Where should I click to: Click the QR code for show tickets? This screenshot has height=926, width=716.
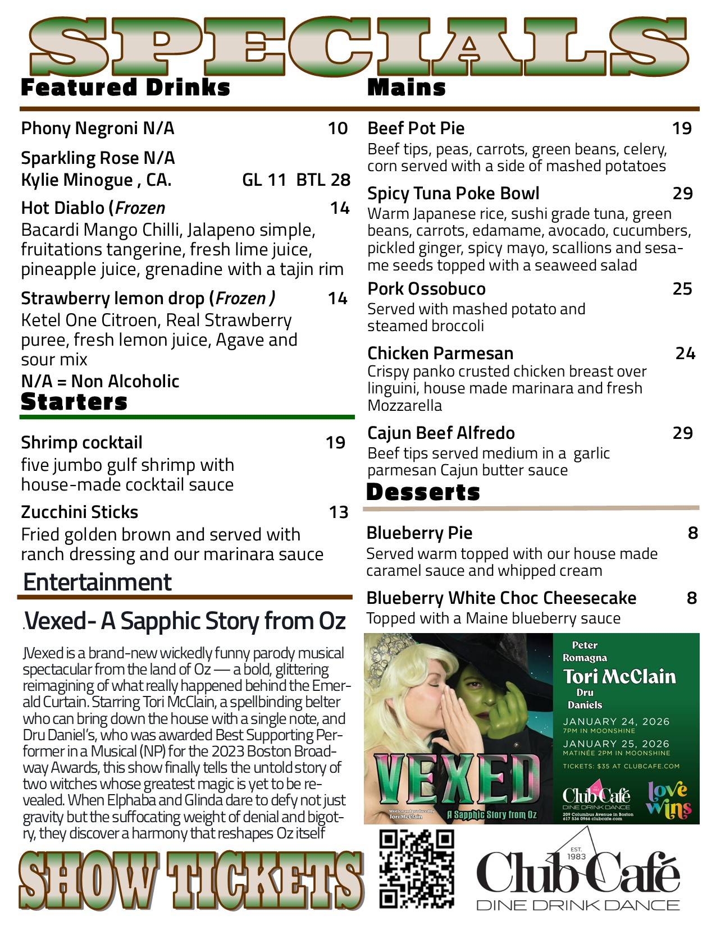point(416,869)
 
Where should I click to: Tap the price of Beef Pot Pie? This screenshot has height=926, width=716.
point(682,129)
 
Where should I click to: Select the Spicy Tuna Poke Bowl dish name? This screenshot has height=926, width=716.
point(453,194)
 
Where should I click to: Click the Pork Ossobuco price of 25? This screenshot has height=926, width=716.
point(682,289)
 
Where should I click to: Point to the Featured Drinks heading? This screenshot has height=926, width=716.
point(125,88)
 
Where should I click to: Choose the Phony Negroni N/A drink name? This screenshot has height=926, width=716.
point(98,129)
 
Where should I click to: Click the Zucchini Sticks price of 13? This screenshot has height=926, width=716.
point(339,512)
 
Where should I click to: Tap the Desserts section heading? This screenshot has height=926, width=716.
point(423,492)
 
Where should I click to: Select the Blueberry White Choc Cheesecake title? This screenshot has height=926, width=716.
point(501,598)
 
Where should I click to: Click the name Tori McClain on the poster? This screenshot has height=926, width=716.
point(619,677)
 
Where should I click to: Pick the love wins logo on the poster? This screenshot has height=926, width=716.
point(668,799)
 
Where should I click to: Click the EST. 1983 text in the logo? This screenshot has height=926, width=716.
point(576,853)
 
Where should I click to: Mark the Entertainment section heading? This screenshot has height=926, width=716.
point(97,583)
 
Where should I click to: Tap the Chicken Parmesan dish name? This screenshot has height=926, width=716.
point(440,354)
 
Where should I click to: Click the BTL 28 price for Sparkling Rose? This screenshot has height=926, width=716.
point(323,180)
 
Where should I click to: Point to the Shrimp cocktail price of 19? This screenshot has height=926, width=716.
point(335,443)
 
